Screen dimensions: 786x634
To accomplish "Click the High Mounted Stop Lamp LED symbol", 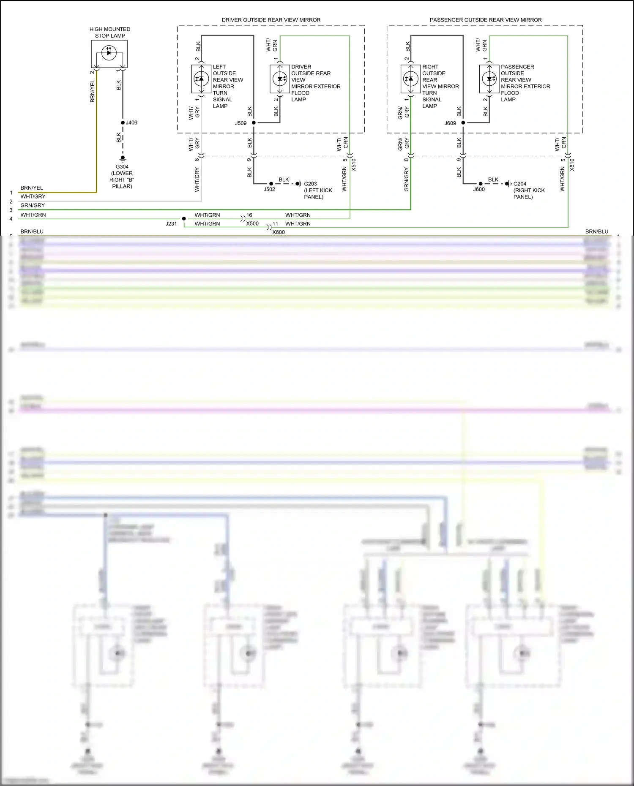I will coord(109,53).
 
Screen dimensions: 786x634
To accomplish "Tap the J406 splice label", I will coord(131,122).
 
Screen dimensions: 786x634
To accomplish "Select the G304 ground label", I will coord(122,167).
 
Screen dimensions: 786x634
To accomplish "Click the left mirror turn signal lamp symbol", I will coord(201,79).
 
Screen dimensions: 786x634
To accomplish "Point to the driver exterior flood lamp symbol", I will coord(280,79).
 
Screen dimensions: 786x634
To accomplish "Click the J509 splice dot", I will coord(254,122).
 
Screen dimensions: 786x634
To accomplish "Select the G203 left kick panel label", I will coord(311,184).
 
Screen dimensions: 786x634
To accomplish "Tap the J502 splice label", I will coord(269,189).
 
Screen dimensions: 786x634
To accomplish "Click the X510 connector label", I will coord(354,165).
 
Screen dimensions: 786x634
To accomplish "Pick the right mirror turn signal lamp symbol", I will coord(410,79).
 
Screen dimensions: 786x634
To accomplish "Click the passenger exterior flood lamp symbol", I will coord(489,79).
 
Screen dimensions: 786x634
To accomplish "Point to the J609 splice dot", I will coord(463,122).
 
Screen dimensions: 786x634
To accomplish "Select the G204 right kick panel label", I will coord(520,184).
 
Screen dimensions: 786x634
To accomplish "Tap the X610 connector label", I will coord(572,165).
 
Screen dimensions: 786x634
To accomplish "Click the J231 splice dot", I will coord(184,218).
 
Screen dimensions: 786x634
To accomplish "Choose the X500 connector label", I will coord(252,223).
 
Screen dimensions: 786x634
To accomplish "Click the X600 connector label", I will coord(279,232).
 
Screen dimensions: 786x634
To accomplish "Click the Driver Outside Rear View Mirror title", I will coord(271,20).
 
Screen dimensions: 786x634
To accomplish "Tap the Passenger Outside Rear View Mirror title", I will coord(486,20).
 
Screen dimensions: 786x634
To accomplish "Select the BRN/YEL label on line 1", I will coord(32,188).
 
